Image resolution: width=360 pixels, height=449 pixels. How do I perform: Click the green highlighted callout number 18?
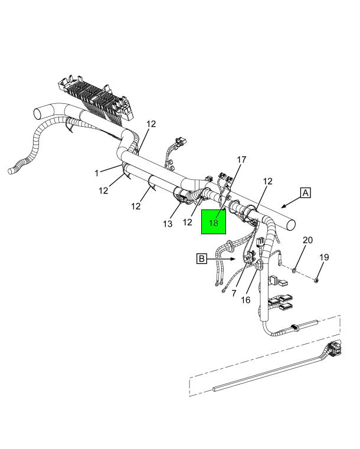tap(214, 222)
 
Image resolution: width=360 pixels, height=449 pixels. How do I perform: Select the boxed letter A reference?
tap(306, 193)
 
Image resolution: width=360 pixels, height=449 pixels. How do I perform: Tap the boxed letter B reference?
tap(202, 258)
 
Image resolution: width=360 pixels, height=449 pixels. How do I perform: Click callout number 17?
tap(241, 160)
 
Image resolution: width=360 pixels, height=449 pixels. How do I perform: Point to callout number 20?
tap(307, 240)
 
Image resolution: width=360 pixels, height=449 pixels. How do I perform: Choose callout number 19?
tap(324, 257)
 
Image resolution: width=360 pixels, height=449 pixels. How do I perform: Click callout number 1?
tap(97, 173)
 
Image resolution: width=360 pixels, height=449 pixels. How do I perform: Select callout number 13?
tap(168, 224)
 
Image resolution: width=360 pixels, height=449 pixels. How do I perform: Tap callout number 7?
tap(234, 293)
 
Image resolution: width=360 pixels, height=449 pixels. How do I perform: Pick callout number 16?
tap(246, 300)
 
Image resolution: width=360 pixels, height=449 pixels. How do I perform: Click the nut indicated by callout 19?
tap(316, 280)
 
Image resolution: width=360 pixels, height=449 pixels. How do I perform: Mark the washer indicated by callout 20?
tap(294, 270)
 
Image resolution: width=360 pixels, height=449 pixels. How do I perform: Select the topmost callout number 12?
tap(151, 124)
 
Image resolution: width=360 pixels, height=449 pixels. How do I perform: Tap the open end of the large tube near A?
tap(290, 224)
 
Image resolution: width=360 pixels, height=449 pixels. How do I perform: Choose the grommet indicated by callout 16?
tap(258, 265)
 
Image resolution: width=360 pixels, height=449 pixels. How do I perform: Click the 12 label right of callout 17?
tap(267, 181)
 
